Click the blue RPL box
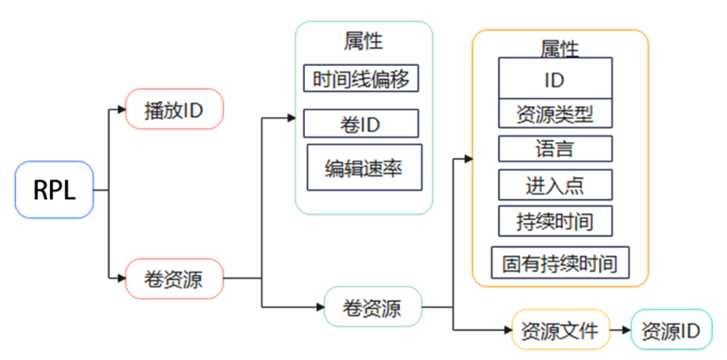(55, 189)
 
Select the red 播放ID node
(174, 109)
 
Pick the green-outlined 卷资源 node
(372, 307)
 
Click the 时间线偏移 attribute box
(361, 78)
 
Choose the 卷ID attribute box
(361, 124)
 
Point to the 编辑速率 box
(364, 167)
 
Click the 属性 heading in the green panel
(363, 42)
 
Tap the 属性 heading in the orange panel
(560, 48)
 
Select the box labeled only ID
(555, 79)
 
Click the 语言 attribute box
(555, 149)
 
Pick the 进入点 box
(555, 185)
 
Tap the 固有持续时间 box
(560, 263)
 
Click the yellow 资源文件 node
(560, 330)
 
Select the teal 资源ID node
(670, 330)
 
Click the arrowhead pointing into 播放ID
(122, 109)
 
